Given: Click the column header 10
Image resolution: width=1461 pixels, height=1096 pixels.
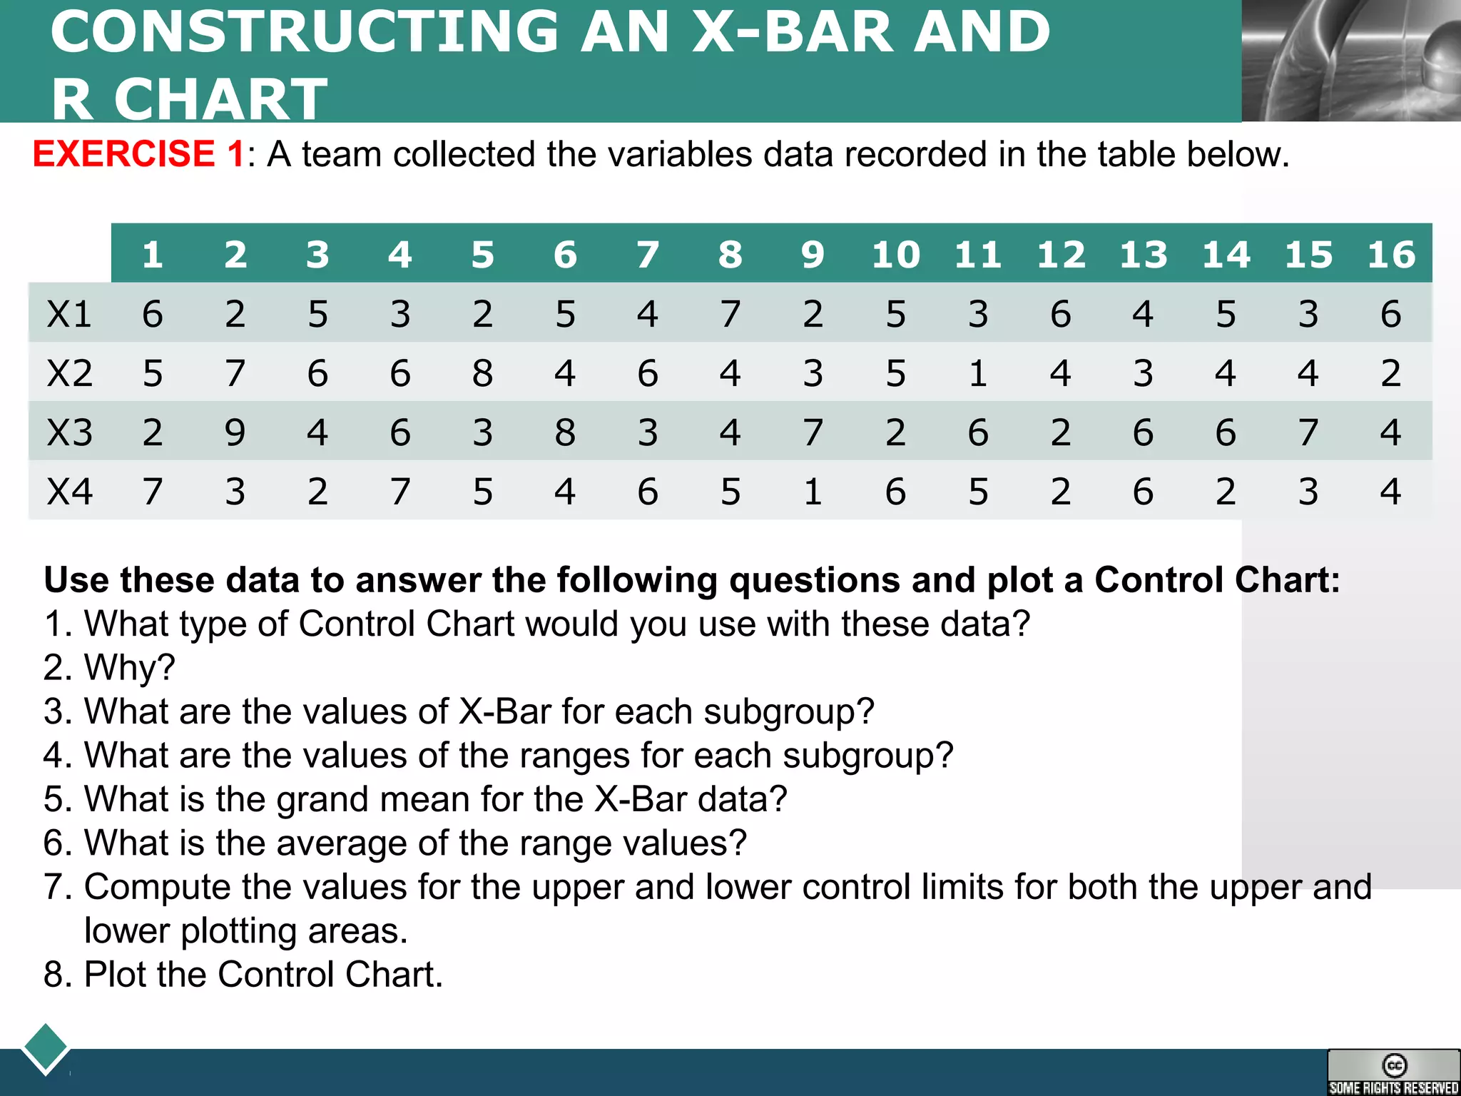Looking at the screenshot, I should pyautogui.click(x=895, y=255).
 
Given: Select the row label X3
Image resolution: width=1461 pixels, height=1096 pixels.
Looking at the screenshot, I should pyautogui.click(x=69, y=432).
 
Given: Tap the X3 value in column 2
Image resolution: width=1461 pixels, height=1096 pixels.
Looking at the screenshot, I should pyautogui.click(x=235, y=432).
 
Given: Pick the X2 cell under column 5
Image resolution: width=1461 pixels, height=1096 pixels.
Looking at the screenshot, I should pyautogui.click(x=482, y=373).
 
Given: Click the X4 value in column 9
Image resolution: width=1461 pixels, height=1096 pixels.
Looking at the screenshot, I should pyautogui.click(x=813, y=492).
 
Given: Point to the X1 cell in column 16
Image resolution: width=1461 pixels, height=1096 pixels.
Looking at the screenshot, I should pyautogui.click(x=1390, y=314).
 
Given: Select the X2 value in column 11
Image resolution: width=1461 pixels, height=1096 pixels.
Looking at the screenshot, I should pyautogui.click(x=978, y=373).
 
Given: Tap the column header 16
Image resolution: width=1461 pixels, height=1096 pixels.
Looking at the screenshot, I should pyautogui.click(x=1390, y=255).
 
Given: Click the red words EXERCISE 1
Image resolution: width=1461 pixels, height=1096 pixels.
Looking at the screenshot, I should pyautogui.click(x=138, y=154).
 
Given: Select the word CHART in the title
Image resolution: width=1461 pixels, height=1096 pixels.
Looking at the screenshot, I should pyautogui.click(x=220, y=100).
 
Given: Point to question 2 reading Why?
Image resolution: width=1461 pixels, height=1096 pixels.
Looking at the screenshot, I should pyautogui.click(x=108, y=668).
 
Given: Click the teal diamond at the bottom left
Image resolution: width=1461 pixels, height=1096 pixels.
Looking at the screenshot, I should pyautogui.click(x=46, y=1048).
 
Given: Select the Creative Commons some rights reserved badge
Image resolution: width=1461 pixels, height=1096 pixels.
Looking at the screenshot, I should pyautogui.click(x=1393, y=1072).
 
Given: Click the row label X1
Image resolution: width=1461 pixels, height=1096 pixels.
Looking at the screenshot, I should pyautogui.click(x=69, y=314).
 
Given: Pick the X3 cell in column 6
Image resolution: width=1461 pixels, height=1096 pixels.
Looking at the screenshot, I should pyautogui.click(x=565, y=432).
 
